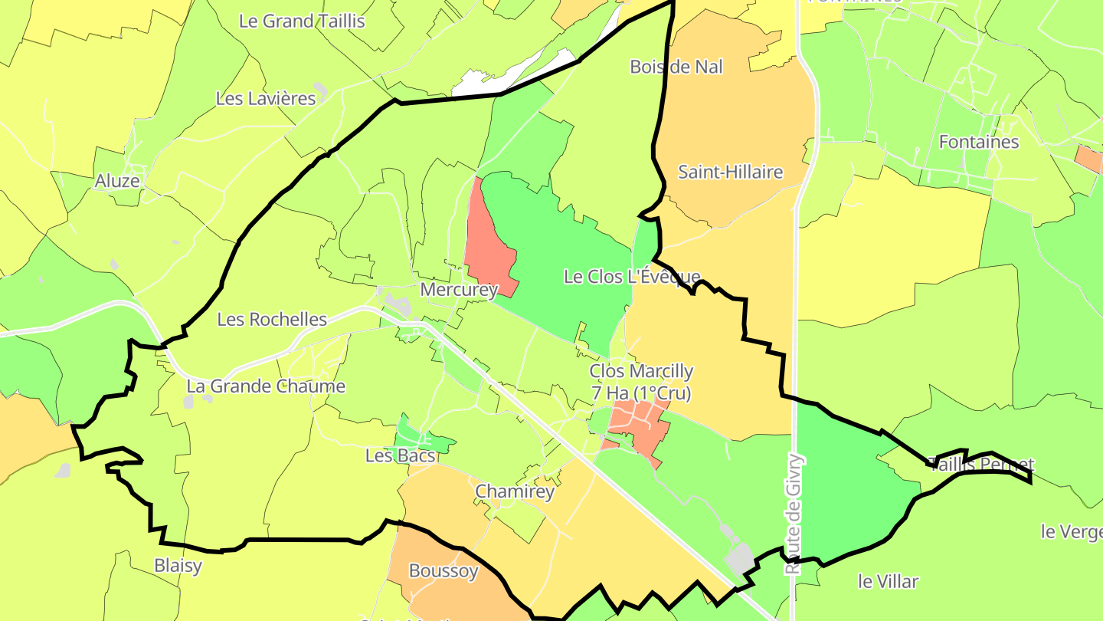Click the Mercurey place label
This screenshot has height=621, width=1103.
click(x=459, y=291)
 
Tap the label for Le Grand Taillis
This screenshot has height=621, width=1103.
click(x=302, y=21)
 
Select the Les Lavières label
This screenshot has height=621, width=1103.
click(x=266, y=99)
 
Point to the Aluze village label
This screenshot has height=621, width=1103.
click(x=118, y=182)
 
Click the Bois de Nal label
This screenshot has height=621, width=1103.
click(x=676, y=67)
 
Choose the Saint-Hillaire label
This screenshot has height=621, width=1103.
click(x=731, y=172)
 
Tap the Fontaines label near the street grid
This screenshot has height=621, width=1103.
click(x=978, y=142)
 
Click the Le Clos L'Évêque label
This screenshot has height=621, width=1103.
click(x=632, y=277)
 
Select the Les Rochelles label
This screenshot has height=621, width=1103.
click(x=272, y=320)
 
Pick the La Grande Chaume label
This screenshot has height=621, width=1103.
click(x=266, y=386)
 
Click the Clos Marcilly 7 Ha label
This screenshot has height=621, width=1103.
click(x=641, y=382)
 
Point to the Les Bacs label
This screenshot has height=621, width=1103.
click(x=400, y=456)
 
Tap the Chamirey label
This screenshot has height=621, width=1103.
click(x=515, y=492)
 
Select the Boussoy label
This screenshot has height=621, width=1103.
click(x=443, y=571)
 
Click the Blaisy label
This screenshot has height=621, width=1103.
click(x=178, y=566)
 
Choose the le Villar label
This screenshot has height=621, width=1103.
click(x=888, y=581)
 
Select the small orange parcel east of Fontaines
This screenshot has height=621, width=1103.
click(x=1088, y=158)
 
